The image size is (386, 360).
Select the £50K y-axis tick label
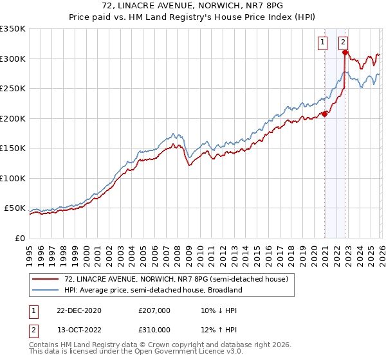click(15, 208)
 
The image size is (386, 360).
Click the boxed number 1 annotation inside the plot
click(322, 43)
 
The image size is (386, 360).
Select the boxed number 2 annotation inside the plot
click(344, 43)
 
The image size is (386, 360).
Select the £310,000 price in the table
click(154, 330)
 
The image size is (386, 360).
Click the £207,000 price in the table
click(154, 310)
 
